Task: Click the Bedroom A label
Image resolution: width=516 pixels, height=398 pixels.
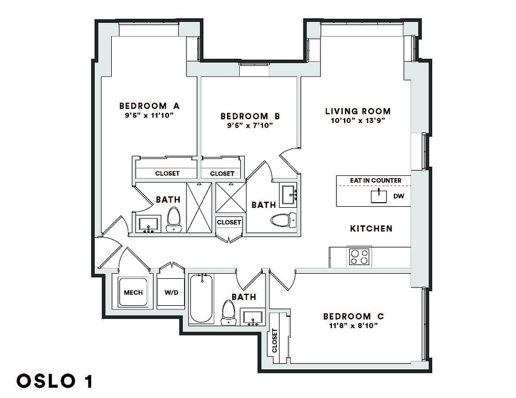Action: click(149, 106)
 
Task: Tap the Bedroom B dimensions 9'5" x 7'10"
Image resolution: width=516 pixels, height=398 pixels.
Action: click(250, 125)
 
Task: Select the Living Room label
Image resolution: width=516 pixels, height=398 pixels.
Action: click(358, 112)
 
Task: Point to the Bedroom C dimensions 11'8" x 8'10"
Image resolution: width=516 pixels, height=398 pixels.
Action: click(353, 326)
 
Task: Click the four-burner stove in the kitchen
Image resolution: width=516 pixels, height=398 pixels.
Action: click(359, 257)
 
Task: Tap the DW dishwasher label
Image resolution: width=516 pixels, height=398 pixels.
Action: click(399, 196)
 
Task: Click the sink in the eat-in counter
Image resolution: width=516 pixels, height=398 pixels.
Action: click(379, 196)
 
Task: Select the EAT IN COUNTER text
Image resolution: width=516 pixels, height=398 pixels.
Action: click(376, 180)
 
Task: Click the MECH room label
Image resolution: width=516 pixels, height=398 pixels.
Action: click(133, 293)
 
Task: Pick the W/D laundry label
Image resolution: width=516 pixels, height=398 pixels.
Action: click(171, 293)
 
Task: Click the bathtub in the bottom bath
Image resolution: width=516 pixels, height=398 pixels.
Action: click(201, 299)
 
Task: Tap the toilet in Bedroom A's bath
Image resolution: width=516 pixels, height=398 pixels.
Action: click(173, 219)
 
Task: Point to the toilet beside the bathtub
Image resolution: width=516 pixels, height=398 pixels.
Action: click(229, 312)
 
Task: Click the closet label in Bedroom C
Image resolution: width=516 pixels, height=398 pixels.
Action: click(275, 341)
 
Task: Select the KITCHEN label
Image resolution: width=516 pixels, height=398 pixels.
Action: click(371, 228)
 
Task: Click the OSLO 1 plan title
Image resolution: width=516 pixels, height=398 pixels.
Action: click(54, 381)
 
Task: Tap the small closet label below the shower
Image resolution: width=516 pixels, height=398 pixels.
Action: click(229, 223)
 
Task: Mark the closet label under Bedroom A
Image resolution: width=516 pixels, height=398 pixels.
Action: click(167, 174)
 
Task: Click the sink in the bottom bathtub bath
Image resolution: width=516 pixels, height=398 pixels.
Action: click(252, 318)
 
